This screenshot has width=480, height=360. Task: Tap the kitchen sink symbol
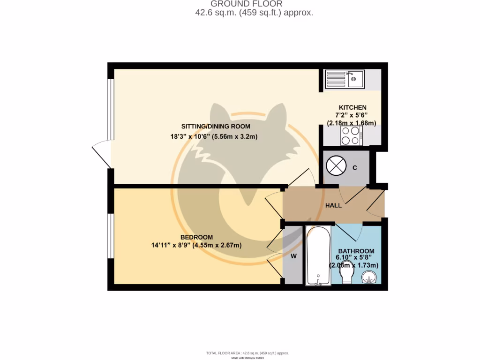pyautogui.click(x=345, y=79)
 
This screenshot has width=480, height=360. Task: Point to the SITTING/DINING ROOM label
pyautogui.click(x=216, y=127)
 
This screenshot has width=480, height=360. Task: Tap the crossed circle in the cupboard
pyautogui.click(x=336, y=166)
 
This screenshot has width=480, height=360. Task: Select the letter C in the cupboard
pyautogui.click(x=355, y=168)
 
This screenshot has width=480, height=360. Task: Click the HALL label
pyautogui.click(x=333, y=205)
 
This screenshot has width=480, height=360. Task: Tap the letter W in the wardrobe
pyautogui.click(x=293, y=256)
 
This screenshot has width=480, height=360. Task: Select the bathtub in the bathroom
pyautogui.click(x=318, y=255)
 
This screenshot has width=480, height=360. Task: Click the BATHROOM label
pyautogui.click(x=356, y=251)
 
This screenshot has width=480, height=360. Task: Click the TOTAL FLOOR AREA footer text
pyautogui.click(x=247, y=353)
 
